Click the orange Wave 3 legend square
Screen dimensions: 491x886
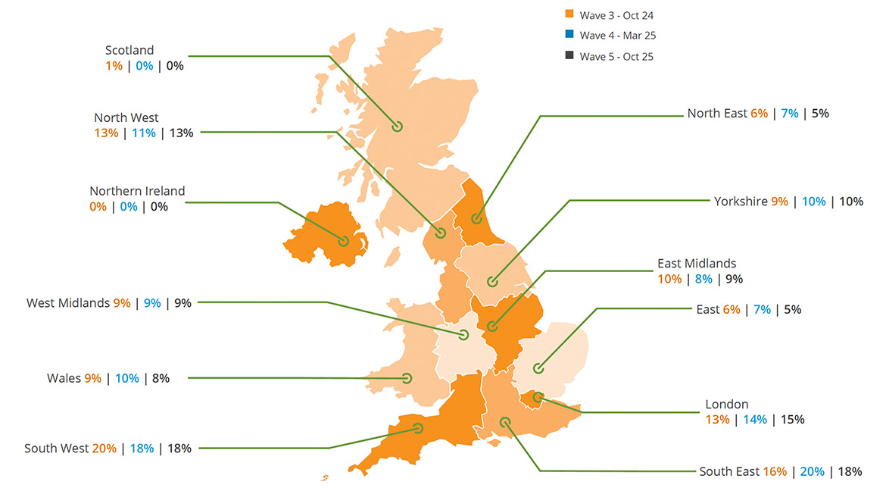pos(569,14)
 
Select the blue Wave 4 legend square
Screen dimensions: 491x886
pos(569,35)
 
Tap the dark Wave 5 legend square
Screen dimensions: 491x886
pos(569,56)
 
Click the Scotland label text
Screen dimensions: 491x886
pos(129,51)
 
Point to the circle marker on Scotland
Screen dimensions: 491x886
pos(397,127)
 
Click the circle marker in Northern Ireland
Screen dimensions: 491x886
pos(345,242)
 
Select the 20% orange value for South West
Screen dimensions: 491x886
pos(105,448)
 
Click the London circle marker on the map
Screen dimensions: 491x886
pos(538,396)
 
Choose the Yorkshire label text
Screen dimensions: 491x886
pos(741,201)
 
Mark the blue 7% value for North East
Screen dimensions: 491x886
pos(790,113)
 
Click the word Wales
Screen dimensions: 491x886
pos(64,378)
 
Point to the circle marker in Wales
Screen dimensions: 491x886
pos(407,378)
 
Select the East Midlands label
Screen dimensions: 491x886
pos(697,264)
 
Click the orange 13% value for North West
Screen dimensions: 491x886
pos(106,133)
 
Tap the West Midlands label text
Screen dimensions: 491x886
pos(68,303)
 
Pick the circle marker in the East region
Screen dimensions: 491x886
pos(538,369)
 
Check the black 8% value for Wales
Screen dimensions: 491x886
pos(161,378)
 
